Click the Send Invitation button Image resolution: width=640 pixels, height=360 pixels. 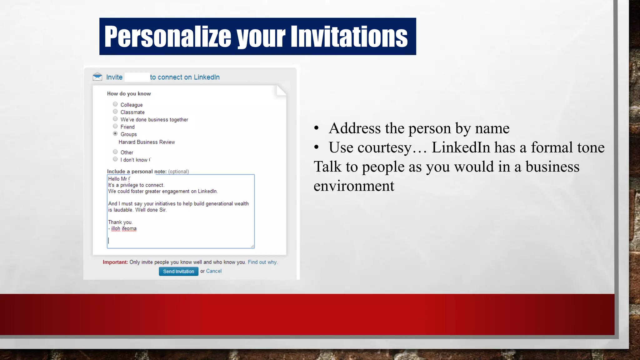178,271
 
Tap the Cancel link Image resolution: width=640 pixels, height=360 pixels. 214,271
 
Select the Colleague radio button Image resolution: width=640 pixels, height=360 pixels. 115,104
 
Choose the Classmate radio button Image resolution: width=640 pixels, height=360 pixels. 115,112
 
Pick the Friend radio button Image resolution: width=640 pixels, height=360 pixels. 115,126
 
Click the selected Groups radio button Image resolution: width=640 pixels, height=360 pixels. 115,134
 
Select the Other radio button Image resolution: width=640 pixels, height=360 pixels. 115,152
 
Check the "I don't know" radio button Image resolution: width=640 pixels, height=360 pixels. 115,159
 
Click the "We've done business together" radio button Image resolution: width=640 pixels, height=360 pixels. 115,119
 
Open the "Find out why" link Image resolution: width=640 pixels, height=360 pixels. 262,262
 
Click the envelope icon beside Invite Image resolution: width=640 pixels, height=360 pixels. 97,77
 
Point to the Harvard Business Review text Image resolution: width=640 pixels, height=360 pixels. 147,142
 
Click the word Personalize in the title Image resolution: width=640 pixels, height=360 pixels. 167,37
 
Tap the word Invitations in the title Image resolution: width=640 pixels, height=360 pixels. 349,37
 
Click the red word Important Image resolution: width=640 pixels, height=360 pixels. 115,262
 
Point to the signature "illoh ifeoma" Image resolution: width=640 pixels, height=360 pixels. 124,228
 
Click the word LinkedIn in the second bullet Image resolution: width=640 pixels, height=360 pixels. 461,147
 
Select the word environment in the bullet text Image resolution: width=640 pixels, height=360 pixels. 354,186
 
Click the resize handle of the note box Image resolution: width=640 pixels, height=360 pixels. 252,246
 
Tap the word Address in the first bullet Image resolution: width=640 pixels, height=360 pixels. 355,128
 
